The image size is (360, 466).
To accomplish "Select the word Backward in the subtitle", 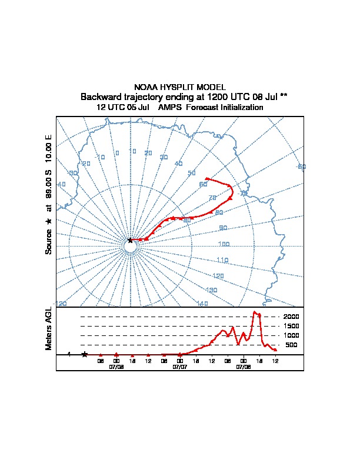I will click(x=100, y=96).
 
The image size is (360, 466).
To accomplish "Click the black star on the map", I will click(x=131, y=240).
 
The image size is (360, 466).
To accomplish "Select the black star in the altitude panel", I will click(x=85, y=354).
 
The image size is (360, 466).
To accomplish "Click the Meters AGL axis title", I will click(x=49, y=328).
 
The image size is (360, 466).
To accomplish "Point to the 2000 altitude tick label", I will click(x=291, y=317).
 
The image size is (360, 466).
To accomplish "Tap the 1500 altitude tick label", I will click(x=291, y=326).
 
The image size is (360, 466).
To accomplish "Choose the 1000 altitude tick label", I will click(x=291, y=335).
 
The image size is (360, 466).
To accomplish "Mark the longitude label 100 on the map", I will click(x=224, y=244).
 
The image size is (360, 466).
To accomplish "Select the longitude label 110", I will click(x=222, y=259).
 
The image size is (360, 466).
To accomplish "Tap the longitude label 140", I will click(x=203, y=304).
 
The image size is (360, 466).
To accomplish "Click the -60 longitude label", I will click(x=301, y=167).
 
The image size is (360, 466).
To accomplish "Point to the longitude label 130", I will click(x=212, y=290).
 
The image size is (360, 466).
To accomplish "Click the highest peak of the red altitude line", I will click(x=255, y=312).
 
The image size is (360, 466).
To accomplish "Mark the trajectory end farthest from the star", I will click(x=206, y=178).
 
